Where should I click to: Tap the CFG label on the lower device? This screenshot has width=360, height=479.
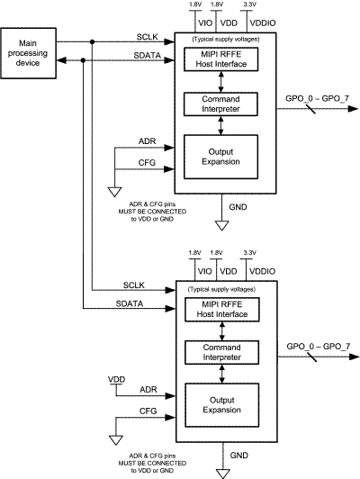click(x=147, y=411)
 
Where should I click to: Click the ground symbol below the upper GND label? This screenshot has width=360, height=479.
click(x=219, y=222)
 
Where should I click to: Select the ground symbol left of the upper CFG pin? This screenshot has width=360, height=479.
click(x=114, y=193)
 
